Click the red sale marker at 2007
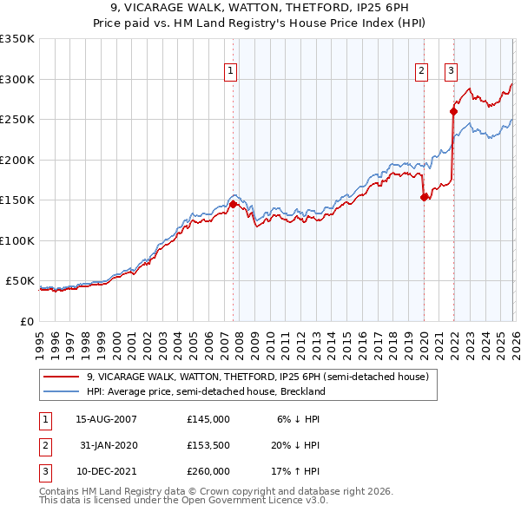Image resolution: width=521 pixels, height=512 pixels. coord(233,205)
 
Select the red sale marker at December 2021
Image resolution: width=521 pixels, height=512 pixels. coord(452,111)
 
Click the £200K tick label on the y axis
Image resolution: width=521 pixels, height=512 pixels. coord(17,160)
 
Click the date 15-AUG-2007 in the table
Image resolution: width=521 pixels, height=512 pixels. coord(106,419)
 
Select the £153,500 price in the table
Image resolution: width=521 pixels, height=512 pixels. coord(208,445)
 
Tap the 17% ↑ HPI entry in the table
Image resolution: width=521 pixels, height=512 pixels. coord(297,471)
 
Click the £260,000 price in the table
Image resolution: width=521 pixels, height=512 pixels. coord(208,471)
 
